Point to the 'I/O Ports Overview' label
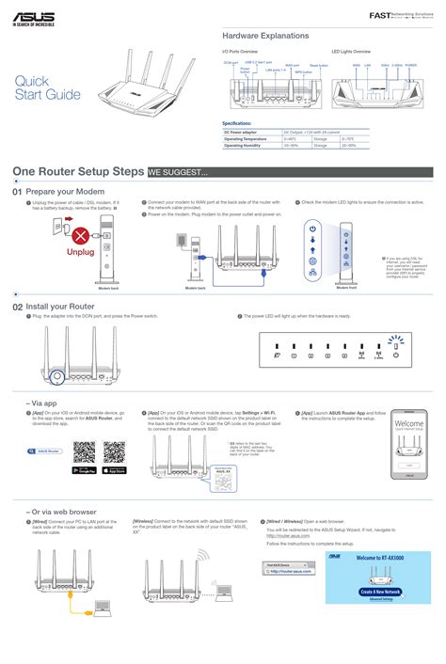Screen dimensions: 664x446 (x=240, y=51)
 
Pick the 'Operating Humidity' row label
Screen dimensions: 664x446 (x=247, y=146)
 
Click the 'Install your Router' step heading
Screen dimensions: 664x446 (x=60, y=307)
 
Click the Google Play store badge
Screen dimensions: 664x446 (x=85, y=469)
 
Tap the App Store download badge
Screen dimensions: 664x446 (x=114, y=469)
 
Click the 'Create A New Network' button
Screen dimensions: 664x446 (x=380, y=592)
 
